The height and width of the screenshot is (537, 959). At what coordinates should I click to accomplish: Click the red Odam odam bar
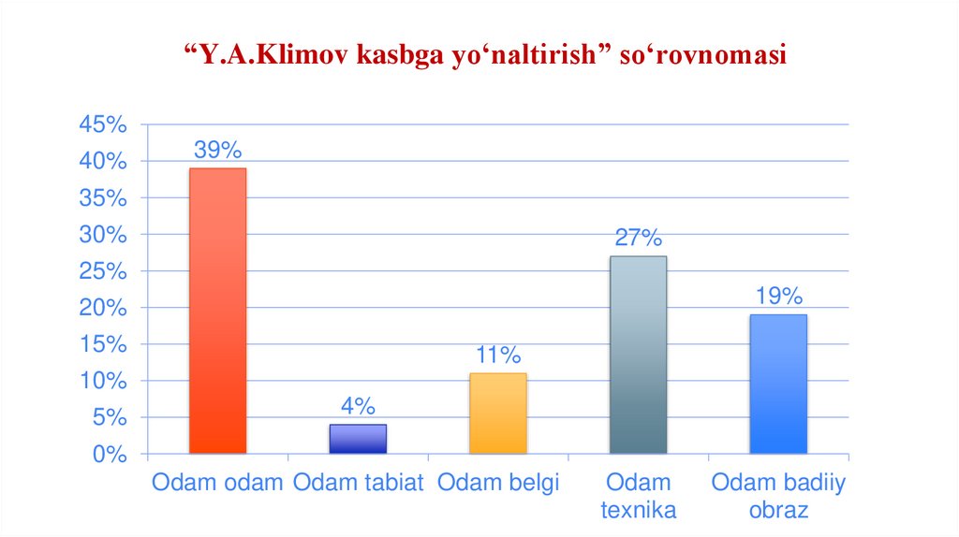[x=217, y=311]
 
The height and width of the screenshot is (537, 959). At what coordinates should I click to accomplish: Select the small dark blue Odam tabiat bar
[x=358, y=439]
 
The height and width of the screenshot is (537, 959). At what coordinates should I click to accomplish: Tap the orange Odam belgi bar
[x=497, y=414]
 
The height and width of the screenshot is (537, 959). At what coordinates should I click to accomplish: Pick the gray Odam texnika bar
[x=638, y=355]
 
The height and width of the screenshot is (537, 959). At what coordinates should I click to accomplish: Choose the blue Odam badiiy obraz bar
[x=778, y=384]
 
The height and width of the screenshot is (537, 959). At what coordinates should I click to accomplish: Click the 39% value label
[x=217, y=150]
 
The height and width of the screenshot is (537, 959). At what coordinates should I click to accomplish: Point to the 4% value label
[x=358, y=406]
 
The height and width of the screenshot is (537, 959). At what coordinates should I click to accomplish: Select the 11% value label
[x=497, y=355]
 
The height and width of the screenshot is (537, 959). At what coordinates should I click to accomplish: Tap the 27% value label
[x=638, y=238]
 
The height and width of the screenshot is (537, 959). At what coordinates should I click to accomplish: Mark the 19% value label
[x=779, y=297]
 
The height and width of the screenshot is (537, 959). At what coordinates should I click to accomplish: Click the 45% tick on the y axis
[x=103, y=124]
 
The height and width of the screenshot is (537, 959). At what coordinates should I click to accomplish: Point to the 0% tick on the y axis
[x=109, y=455]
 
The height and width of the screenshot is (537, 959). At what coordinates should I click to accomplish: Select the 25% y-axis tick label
[x=103, y=271]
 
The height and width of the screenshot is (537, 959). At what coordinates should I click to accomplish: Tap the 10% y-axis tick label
[x=103, y=382]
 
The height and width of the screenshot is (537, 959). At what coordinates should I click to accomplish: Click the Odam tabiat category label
[x=358, y=483]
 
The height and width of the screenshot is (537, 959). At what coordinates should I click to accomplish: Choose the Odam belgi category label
[x=498, y=483]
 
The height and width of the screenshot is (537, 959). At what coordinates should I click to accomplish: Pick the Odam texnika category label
[x=638, y=497]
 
